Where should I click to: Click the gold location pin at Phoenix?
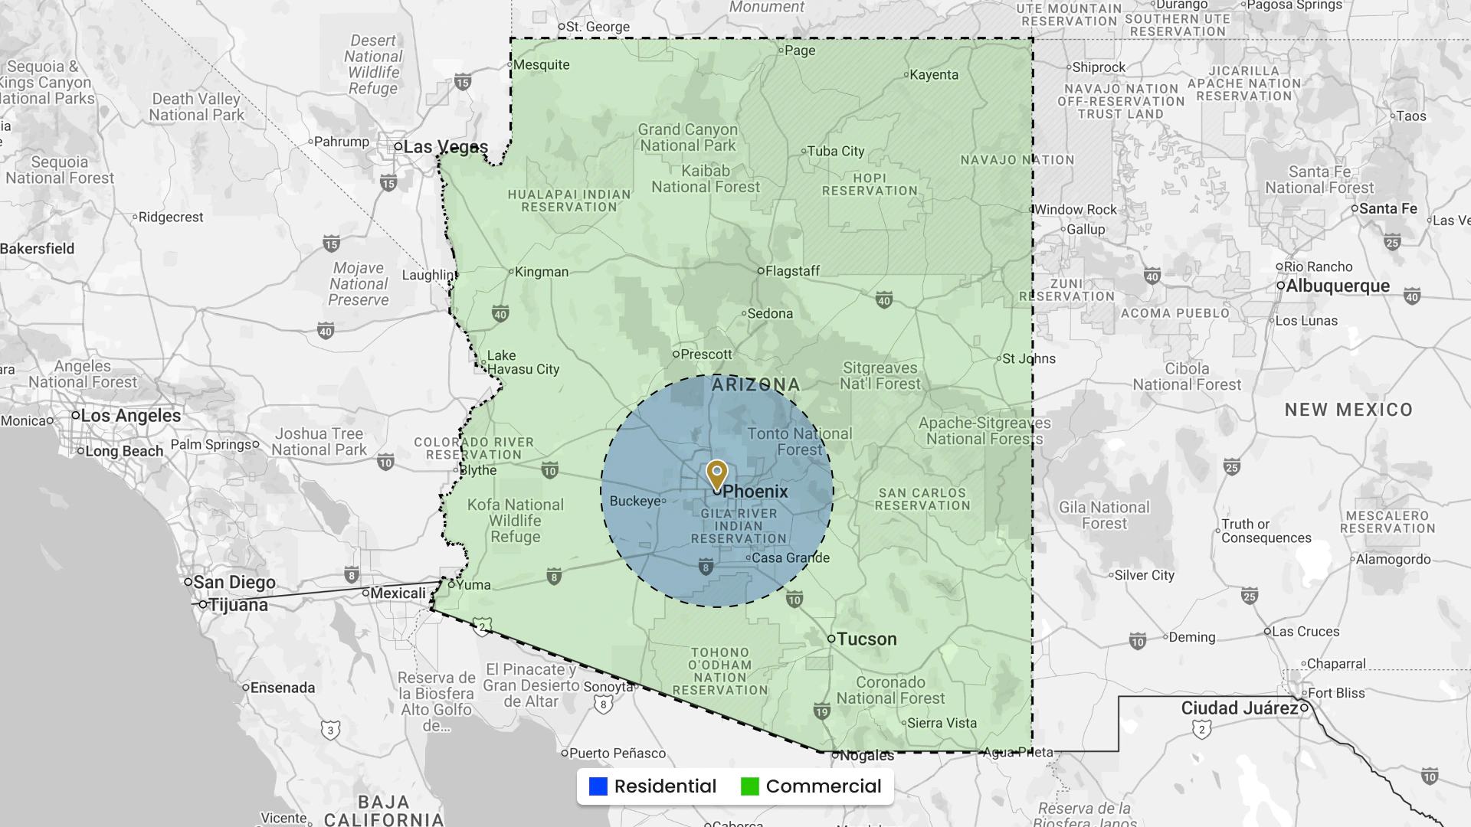pos(716,473)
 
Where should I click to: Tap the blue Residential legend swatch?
pos(598,786)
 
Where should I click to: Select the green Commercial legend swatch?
pos(750,786)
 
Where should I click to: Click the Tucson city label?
pos(866,639)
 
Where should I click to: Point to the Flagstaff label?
pos(792,271)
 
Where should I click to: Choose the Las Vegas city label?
pos(445,147)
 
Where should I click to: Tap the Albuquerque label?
pos(1337,286)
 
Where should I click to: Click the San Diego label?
pos(234,583)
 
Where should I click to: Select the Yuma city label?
pos(473,585)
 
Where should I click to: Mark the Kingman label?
pos(542,272)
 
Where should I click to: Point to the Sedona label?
pos(770,314)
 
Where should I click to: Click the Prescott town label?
pos(706,355)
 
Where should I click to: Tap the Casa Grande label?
pos(791,558)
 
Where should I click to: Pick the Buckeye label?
pos(635,502)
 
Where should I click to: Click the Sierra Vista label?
pos(942,724)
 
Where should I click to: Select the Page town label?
pos(800,51)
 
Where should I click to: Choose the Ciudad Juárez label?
pos(1239,708)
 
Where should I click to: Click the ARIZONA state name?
pos(755,384)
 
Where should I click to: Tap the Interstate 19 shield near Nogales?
pos(821,712)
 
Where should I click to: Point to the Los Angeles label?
pos(130,416)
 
